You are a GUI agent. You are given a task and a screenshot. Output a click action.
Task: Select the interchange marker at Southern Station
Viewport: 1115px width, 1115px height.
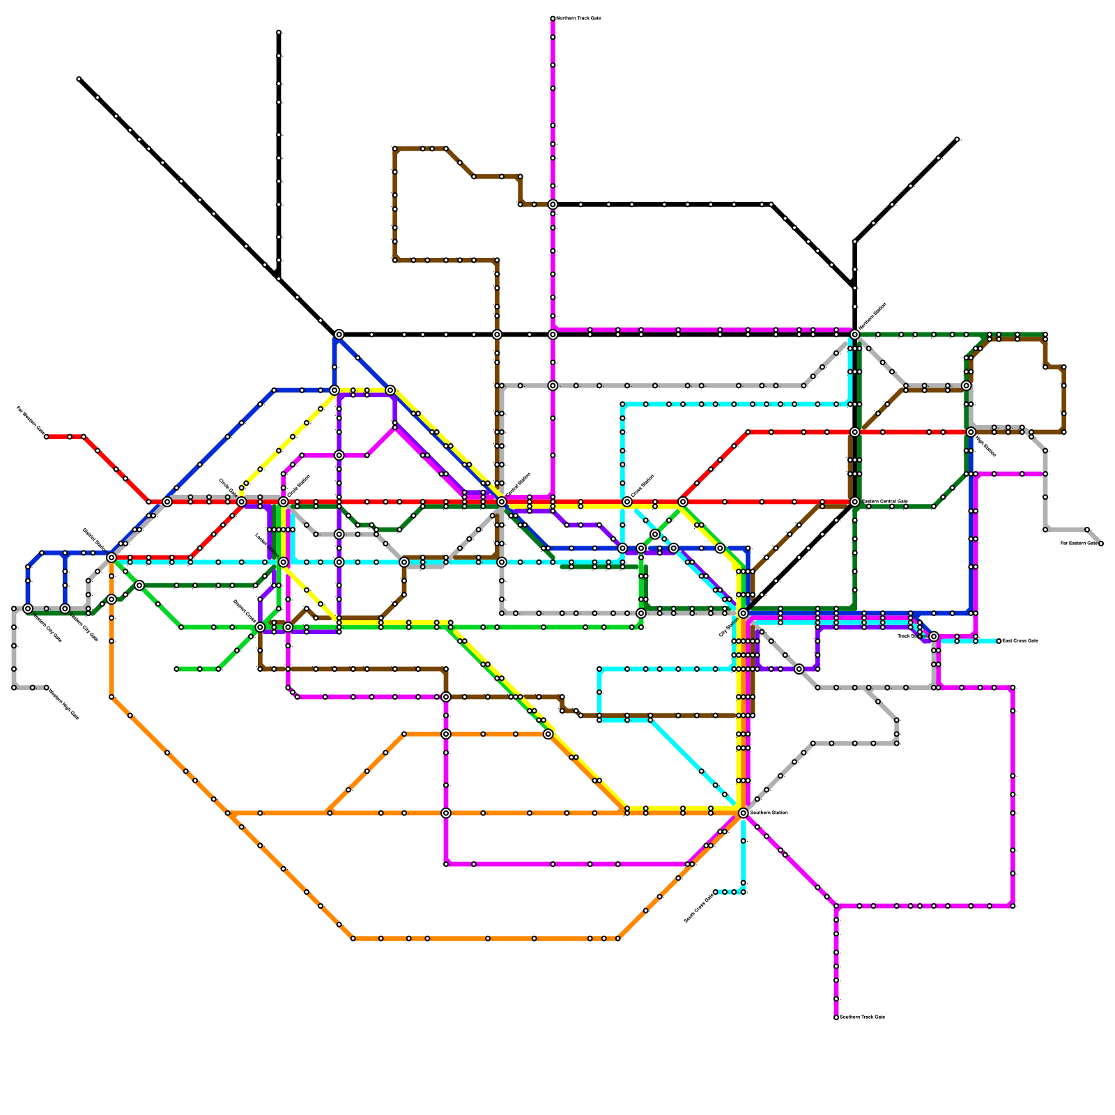point(744,813)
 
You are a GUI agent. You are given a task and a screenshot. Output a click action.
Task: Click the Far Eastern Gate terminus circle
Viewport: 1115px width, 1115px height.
point(1100,544)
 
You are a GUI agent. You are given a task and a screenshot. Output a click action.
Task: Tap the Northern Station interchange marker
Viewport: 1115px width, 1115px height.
point(855,334)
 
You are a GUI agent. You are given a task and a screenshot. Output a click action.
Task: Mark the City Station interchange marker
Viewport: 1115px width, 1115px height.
point(744,613)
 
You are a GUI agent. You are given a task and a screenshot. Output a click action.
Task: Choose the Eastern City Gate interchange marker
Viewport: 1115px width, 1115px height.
point(65,608)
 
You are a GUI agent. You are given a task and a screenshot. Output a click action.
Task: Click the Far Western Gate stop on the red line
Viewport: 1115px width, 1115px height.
point(47,437)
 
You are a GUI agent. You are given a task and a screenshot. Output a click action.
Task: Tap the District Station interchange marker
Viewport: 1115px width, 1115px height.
point(111,557)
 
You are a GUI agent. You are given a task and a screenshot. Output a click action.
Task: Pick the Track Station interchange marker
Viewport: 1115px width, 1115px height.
point(934,636)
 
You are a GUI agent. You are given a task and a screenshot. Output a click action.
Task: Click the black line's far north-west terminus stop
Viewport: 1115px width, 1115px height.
point(79,79)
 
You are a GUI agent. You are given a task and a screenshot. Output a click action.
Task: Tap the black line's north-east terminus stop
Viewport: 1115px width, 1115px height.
point(958,139)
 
